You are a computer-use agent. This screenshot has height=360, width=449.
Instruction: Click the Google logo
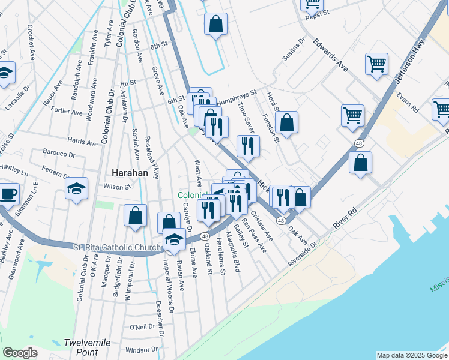click(x=20, y=353)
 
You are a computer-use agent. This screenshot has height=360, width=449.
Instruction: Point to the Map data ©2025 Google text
click(x=411, y=355)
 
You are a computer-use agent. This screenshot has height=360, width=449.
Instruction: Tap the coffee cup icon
click(x=8, y=194)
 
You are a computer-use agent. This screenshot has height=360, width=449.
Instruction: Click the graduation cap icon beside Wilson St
click(x=77, y=189)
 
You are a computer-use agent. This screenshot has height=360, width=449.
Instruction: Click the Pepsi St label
click(x=318, y=12)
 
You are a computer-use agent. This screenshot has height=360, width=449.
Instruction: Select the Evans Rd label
click(x=407, y=103)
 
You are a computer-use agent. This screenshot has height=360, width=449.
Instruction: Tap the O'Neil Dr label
click(x=142, y=326)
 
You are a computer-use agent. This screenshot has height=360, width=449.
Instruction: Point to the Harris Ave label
click(x=83, y=142)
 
